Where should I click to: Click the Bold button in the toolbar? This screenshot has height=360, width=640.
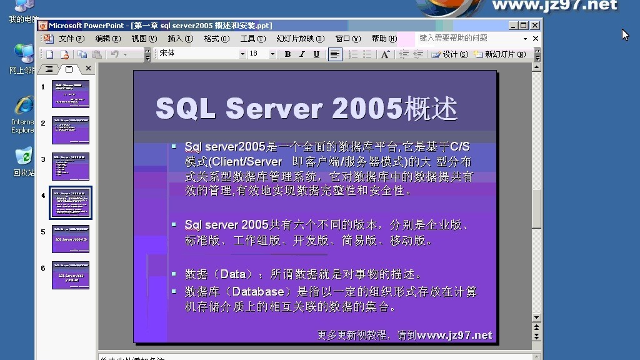(x=287, y=54)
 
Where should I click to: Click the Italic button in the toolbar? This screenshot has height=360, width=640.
(x=302, y=54)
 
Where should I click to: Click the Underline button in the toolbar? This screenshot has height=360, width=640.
(x=316, y=54)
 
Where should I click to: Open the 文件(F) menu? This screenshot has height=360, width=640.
(x=71, y=39)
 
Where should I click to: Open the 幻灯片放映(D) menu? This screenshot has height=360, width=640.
(x=300, y=39)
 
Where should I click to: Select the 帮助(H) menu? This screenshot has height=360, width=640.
(x=383, y=39)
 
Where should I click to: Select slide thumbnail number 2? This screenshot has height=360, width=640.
(x=71, y=130)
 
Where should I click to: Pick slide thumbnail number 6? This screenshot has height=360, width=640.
(x=71, y=275)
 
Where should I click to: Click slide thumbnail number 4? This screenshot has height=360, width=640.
(x=71, y=202)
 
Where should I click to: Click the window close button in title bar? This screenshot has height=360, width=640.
(x=535, y=26)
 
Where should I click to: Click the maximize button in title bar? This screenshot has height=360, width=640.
(x=524, y=26)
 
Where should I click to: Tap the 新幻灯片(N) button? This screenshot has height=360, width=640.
(x=500, y=54)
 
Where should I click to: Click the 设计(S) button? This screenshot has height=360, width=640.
(x=449, y=54)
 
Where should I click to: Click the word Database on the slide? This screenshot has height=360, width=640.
(x=258, y=292)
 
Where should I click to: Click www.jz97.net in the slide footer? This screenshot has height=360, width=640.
(x=454, y=336)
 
